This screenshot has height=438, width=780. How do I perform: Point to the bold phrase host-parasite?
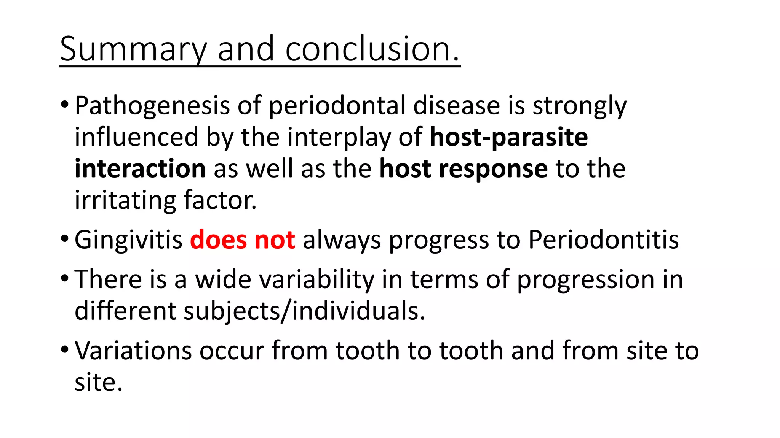508,137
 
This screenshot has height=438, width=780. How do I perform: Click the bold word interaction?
140,169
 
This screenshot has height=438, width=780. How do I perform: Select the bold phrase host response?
464,169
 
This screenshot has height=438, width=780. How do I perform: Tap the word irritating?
125,200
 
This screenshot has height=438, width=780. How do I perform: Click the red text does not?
242,240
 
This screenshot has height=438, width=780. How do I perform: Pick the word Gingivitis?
129,240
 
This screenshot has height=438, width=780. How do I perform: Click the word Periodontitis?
603,240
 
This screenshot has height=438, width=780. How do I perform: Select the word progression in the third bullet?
585,280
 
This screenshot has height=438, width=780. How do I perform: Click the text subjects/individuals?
304,311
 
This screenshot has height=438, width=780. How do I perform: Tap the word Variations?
133,351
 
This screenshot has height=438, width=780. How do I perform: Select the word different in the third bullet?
125,311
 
